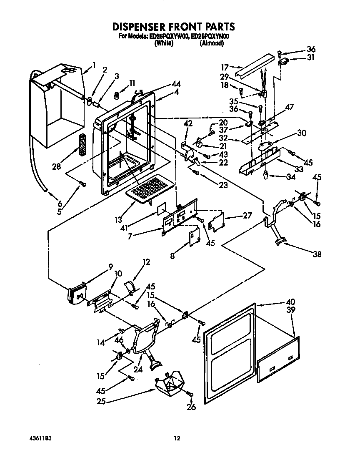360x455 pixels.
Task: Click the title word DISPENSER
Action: (143, 27)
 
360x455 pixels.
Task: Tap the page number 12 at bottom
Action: (177, 438)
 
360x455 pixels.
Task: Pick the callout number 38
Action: (317, 254)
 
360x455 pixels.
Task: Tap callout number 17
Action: (225, 66)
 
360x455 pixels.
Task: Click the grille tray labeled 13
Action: (147, 189)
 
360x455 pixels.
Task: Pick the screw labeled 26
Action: (190, 393)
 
